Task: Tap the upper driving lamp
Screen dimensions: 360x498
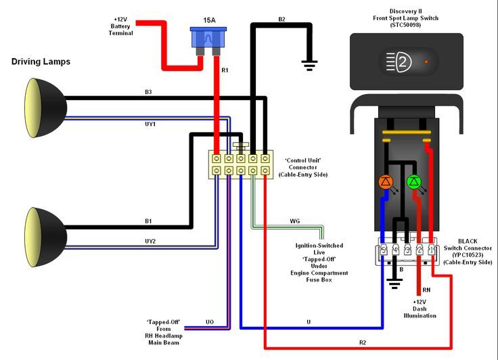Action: pyautogui.click(x=45, y=105)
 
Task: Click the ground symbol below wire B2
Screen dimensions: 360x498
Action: pyautogui.click(x=310, y=65)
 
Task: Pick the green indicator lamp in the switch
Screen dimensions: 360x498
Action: pyautogui.click(x=414, y=181)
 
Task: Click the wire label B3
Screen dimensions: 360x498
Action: pyautogui.click(x=149, y=91)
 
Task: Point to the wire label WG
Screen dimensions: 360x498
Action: pyautogui.click(x=294, y=221)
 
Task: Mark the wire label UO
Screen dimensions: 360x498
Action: pyautogui.click(x=210, y=322)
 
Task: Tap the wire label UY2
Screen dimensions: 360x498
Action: pyautogui.click(x=150, y=241)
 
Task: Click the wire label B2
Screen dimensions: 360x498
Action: pyautogui.click(x=281, y=19)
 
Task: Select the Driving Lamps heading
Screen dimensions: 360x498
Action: pyautogui.click(x=41, y=62)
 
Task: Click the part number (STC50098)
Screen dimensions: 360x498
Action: pyautogui.click(x=406, y=25)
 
